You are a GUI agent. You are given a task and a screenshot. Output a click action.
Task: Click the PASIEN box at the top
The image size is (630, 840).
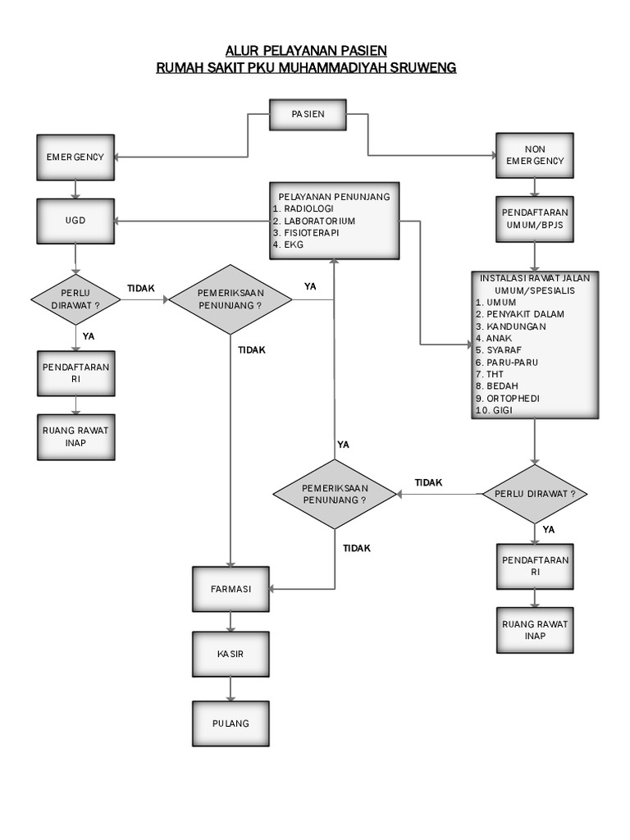coord(308,114)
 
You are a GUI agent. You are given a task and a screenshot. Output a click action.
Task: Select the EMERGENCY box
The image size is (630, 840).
coord(75,157)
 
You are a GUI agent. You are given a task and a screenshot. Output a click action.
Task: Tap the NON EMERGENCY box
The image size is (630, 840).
coord(534,155)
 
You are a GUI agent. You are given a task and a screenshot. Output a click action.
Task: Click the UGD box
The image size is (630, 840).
coord(75,221)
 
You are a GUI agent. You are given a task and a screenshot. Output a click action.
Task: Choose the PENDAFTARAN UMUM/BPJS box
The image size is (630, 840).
coord(534,217)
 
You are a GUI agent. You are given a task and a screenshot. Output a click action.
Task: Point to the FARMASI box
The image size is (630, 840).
coord(230,588)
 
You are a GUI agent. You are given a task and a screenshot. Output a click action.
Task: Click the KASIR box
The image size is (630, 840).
coord(230,654)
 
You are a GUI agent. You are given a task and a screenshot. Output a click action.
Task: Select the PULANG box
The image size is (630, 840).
coord(230,723)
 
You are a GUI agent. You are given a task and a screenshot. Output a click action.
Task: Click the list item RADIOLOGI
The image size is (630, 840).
coord(304,209)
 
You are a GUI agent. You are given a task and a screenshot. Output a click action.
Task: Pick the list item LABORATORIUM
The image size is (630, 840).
coord(312,221)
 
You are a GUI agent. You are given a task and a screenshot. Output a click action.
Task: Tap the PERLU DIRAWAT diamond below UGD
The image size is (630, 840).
coord(75,299)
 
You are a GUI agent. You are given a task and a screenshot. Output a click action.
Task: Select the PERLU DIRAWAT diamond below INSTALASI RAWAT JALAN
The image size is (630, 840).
coord(534,494)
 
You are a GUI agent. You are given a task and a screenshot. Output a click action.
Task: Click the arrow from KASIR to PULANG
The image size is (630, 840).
coord(230,688)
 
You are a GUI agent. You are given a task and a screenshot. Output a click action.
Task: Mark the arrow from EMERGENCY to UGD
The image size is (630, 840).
coord(75,189)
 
